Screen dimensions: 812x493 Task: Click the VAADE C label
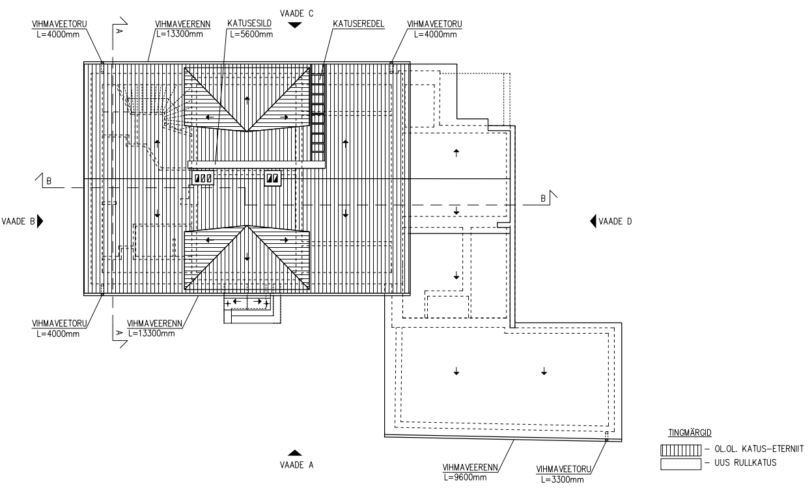[x=296, y=14]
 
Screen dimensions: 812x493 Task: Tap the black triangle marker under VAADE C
[x=295, y=25]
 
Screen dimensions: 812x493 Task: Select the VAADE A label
[x=296, y=465]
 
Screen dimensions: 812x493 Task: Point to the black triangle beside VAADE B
[x=40, y=221]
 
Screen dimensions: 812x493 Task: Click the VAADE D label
[x=615, y=221]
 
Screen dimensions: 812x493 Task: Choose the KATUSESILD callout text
[x=249, y=23]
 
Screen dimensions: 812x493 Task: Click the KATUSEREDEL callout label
[x=359, y=24]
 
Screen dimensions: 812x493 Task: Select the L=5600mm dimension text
[x=251, y=34]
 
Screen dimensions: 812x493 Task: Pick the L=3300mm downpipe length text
[x=562, y=479]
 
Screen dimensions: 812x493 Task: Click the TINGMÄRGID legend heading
[x=690, y=433]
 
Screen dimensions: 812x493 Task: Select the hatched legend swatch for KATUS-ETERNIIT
[x=680, y=450]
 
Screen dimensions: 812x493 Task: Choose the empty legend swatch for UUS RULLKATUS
[x=680, y=464]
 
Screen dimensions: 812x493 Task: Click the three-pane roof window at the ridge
[x=203, y=178]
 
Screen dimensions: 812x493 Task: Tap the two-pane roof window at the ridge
[x=273, y=178]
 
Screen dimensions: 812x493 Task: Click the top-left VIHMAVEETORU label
[x=59, y=24]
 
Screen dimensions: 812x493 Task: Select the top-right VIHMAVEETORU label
[x=434, y=24]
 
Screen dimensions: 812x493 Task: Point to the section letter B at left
[x=49, y=181]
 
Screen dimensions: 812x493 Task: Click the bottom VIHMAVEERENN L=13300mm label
[x=154, y=328]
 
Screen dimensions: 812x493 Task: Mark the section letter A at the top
[x=119, y=31]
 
